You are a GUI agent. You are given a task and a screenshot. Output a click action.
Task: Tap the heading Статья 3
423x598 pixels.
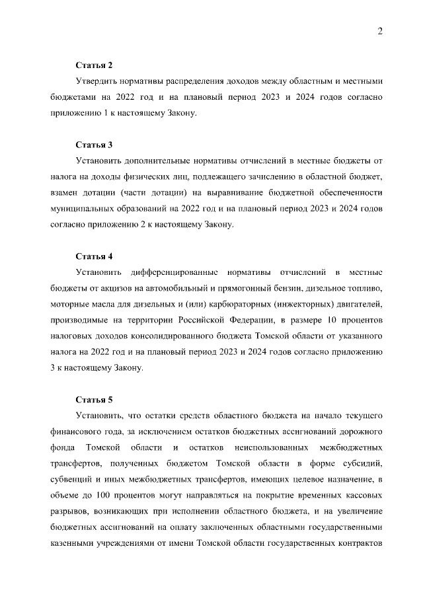[x=95, y=145]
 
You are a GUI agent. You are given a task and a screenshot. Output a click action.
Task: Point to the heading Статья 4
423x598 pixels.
[x=95, y=256]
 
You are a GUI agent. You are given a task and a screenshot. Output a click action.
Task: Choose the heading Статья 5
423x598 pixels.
[x=95, y=400]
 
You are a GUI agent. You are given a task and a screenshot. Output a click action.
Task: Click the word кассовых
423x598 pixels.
[x=361, y=495]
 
